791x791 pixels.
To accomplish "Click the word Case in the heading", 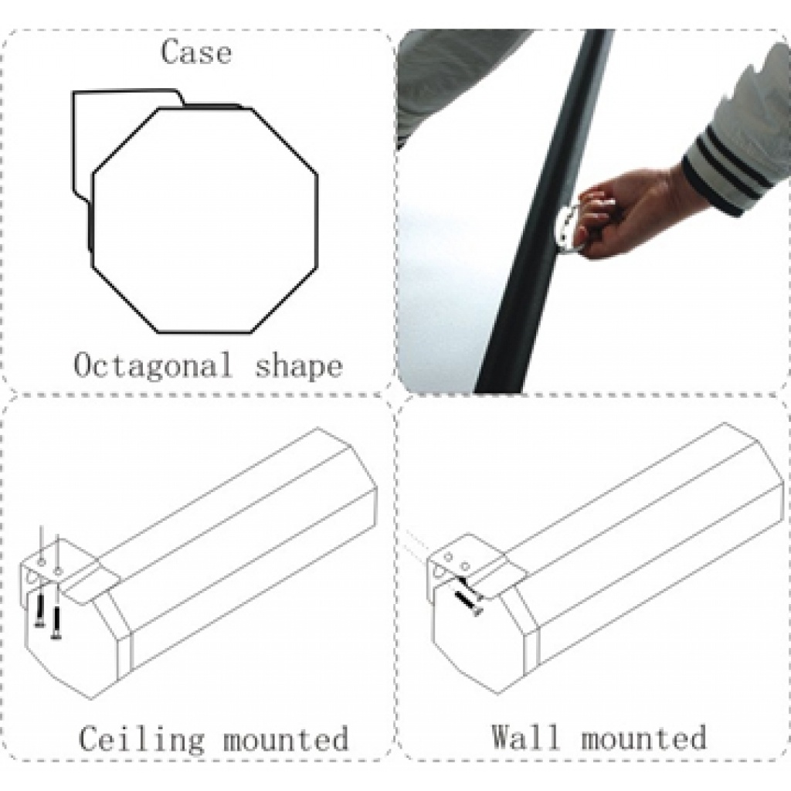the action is pos(196,52).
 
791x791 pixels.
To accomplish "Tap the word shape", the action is pos(299,366).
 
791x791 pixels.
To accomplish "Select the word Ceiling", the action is pos(142,739).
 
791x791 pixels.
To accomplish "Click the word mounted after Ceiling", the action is pos(286,739).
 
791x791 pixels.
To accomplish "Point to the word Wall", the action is pos(526,736).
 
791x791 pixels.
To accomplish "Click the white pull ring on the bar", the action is pos(568,227).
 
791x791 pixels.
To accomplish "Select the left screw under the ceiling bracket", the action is pos(39,610).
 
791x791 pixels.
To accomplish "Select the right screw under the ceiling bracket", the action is pos(56,623).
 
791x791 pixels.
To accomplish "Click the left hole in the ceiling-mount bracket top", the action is pos(42,562).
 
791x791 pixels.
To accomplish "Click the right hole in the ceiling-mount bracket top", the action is pos(58,571).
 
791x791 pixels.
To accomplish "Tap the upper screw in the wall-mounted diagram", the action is pos(467,588).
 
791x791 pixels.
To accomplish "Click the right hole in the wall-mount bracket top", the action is pos(466,566).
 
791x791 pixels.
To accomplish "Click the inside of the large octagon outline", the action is pos(205,220).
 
